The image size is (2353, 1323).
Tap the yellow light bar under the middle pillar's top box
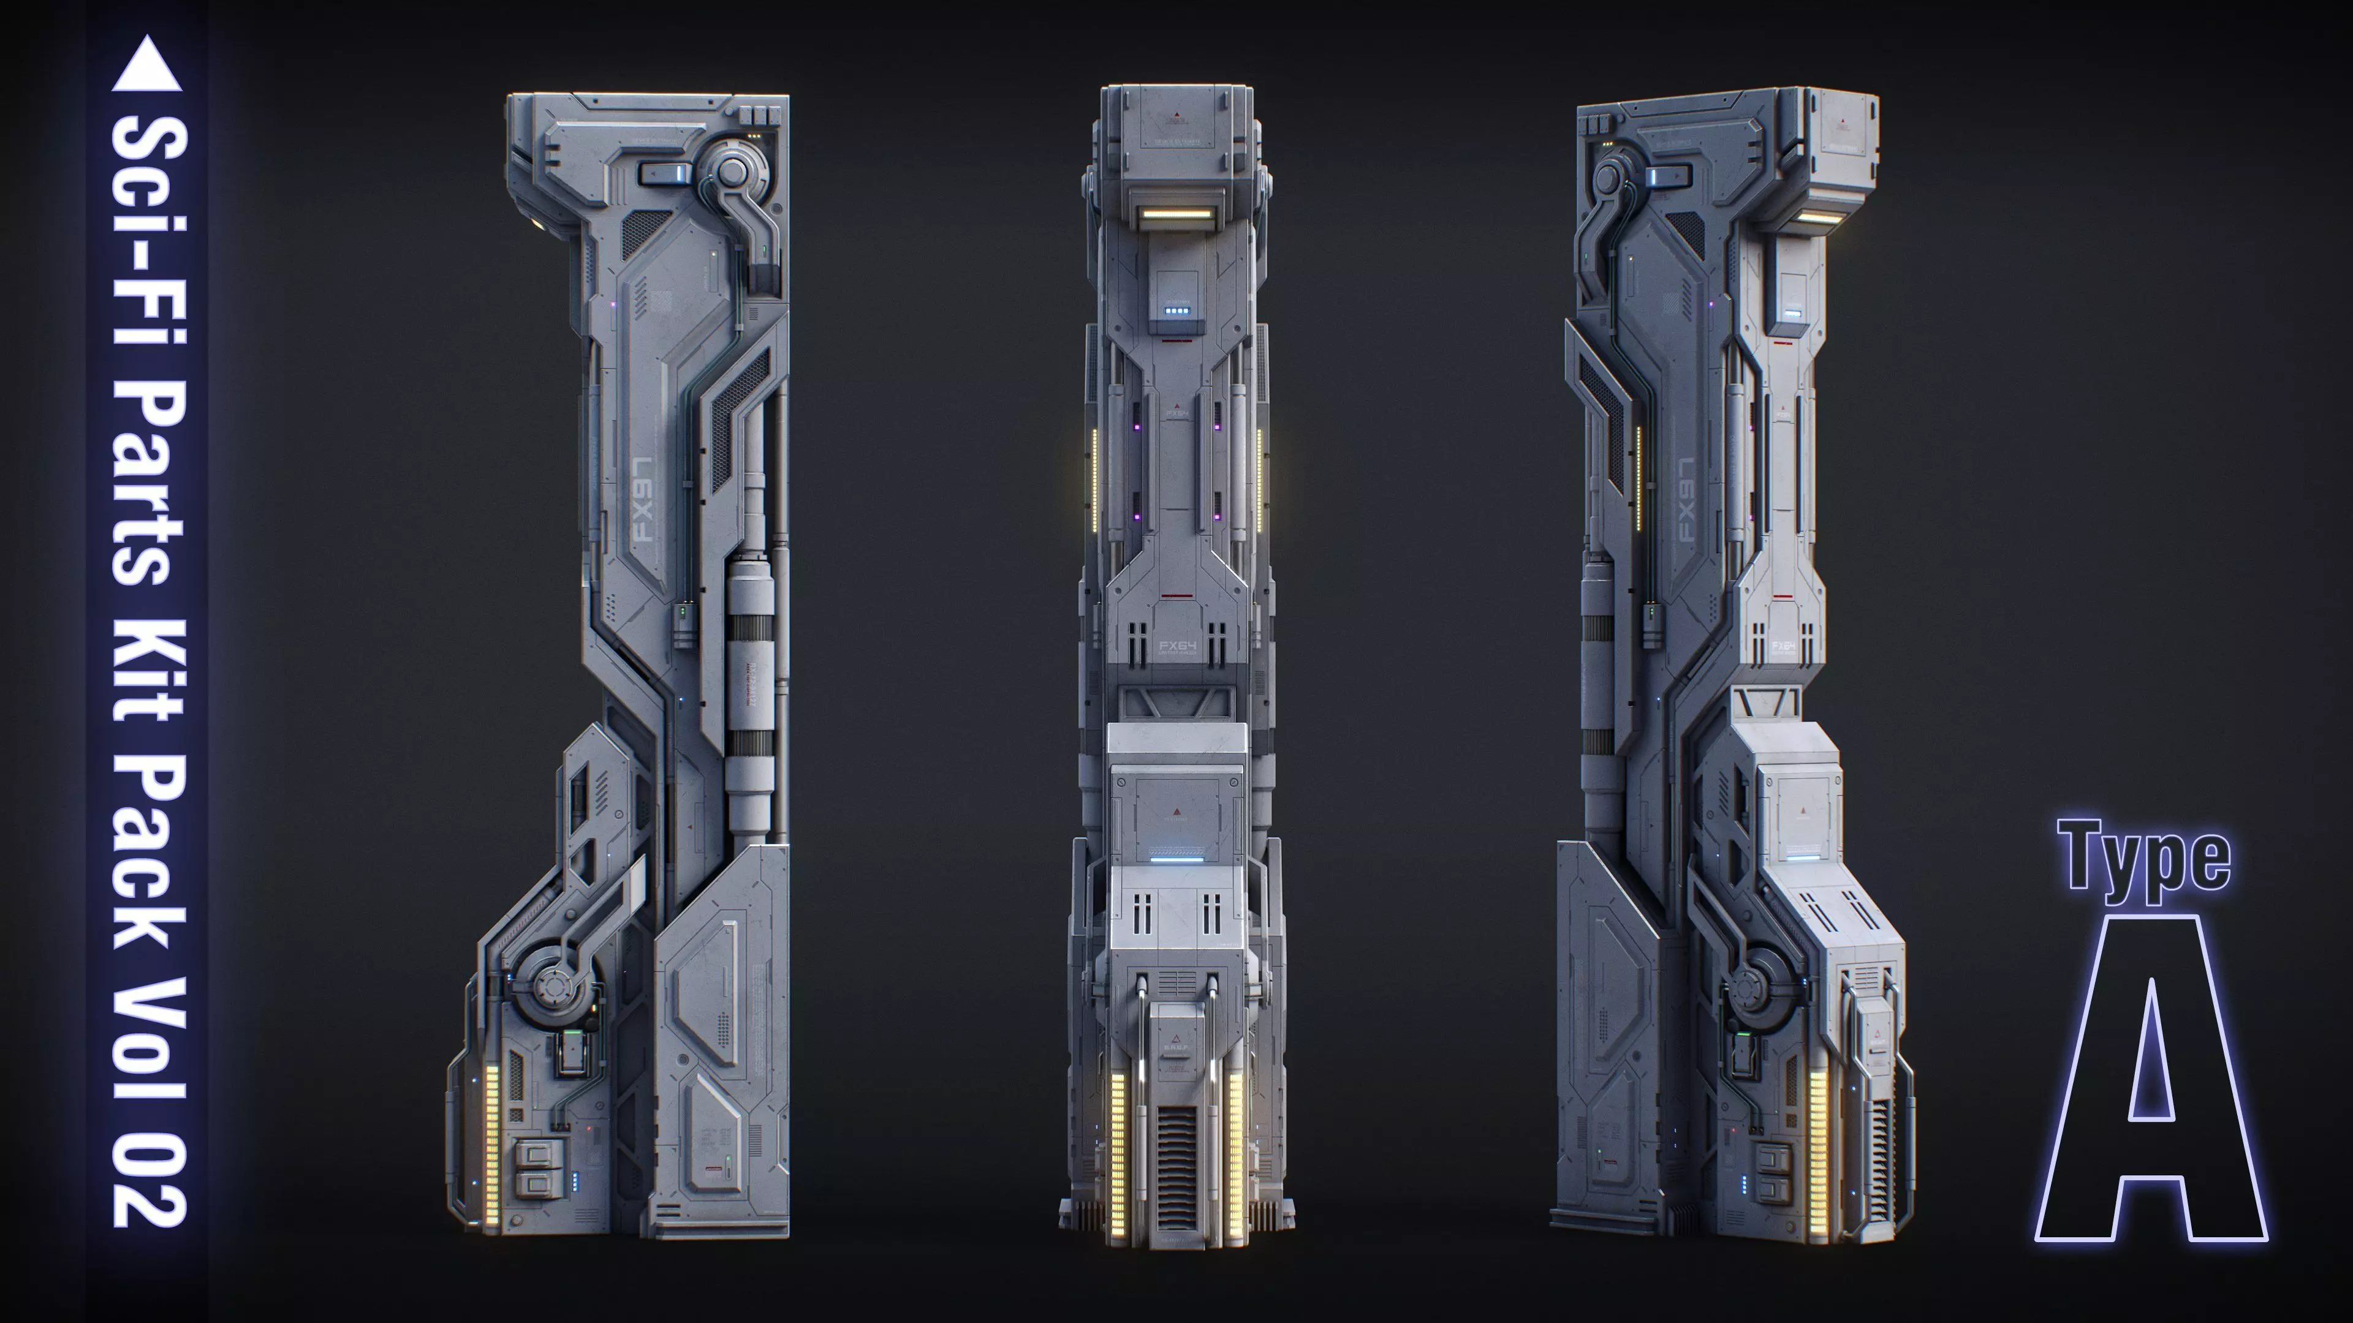point(1176,216)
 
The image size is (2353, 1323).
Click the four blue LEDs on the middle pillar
point(1176,311)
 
